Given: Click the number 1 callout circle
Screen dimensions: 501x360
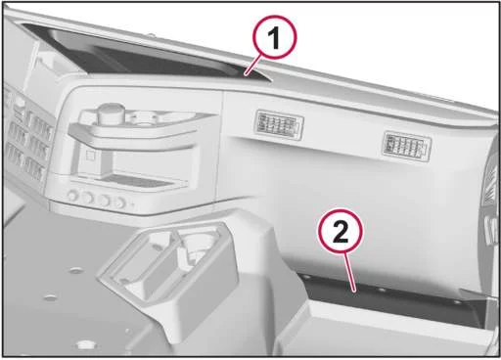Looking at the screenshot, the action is point(276,37).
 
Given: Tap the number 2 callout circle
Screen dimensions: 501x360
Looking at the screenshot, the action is point(341,231).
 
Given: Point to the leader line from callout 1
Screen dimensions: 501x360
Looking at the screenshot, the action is point(254,66).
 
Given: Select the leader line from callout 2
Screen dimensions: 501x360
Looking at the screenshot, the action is point(350,272).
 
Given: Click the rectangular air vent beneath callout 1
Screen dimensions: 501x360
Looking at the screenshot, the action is point(279,125).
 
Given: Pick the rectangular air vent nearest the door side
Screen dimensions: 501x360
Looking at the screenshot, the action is point(407,146).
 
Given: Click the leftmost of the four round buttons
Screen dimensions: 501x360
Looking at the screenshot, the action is point(72,196).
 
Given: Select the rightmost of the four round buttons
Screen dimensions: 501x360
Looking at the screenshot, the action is point(120,202).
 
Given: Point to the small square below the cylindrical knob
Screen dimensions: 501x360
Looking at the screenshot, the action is point(90,156).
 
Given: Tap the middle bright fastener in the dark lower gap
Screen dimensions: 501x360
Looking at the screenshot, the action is point(382,290).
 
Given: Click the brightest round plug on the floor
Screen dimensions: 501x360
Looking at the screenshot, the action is point(85,343).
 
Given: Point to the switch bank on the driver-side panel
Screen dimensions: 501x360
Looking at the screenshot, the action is point(26,137).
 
